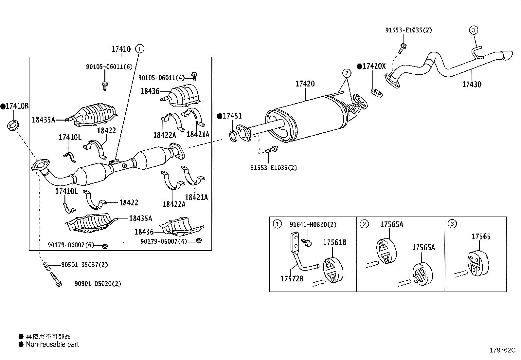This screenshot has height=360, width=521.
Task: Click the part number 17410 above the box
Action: [x=121, y=49]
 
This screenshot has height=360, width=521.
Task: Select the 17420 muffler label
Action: [x=305, y=84]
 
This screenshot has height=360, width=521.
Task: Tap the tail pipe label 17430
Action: [x=472, y=85]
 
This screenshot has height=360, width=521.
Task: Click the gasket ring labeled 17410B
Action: [x=13, y=125]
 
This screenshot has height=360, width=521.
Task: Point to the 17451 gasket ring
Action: [x=233, y=136]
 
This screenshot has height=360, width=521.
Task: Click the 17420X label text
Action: [x=374, y=66]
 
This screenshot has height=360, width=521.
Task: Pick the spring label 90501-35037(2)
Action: [x=84, y=265]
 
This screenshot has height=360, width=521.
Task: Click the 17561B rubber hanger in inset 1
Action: [x=333, y=271]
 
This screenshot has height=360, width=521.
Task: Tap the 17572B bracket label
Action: [x=292, y=279]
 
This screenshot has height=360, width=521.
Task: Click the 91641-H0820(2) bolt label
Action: [x=313, y=225]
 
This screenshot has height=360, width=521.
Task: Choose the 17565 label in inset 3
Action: [x=481, y=237]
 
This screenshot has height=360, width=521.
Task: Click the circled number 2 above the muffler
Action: [x=347, y=73]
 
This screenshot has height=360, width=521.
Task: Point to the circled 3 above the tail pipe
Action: [x=473, y=30]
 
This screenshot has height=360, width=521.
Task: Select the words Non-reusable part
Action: [x=52, y=344]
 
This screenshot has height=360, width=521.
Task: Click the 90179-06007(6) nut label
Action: [x=71, y=245]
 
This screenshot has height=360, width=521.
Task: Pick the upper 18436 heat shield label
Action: [x=150, y=91]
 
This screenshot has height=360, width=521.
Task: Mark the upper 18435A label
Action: [x=43, y=120]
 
